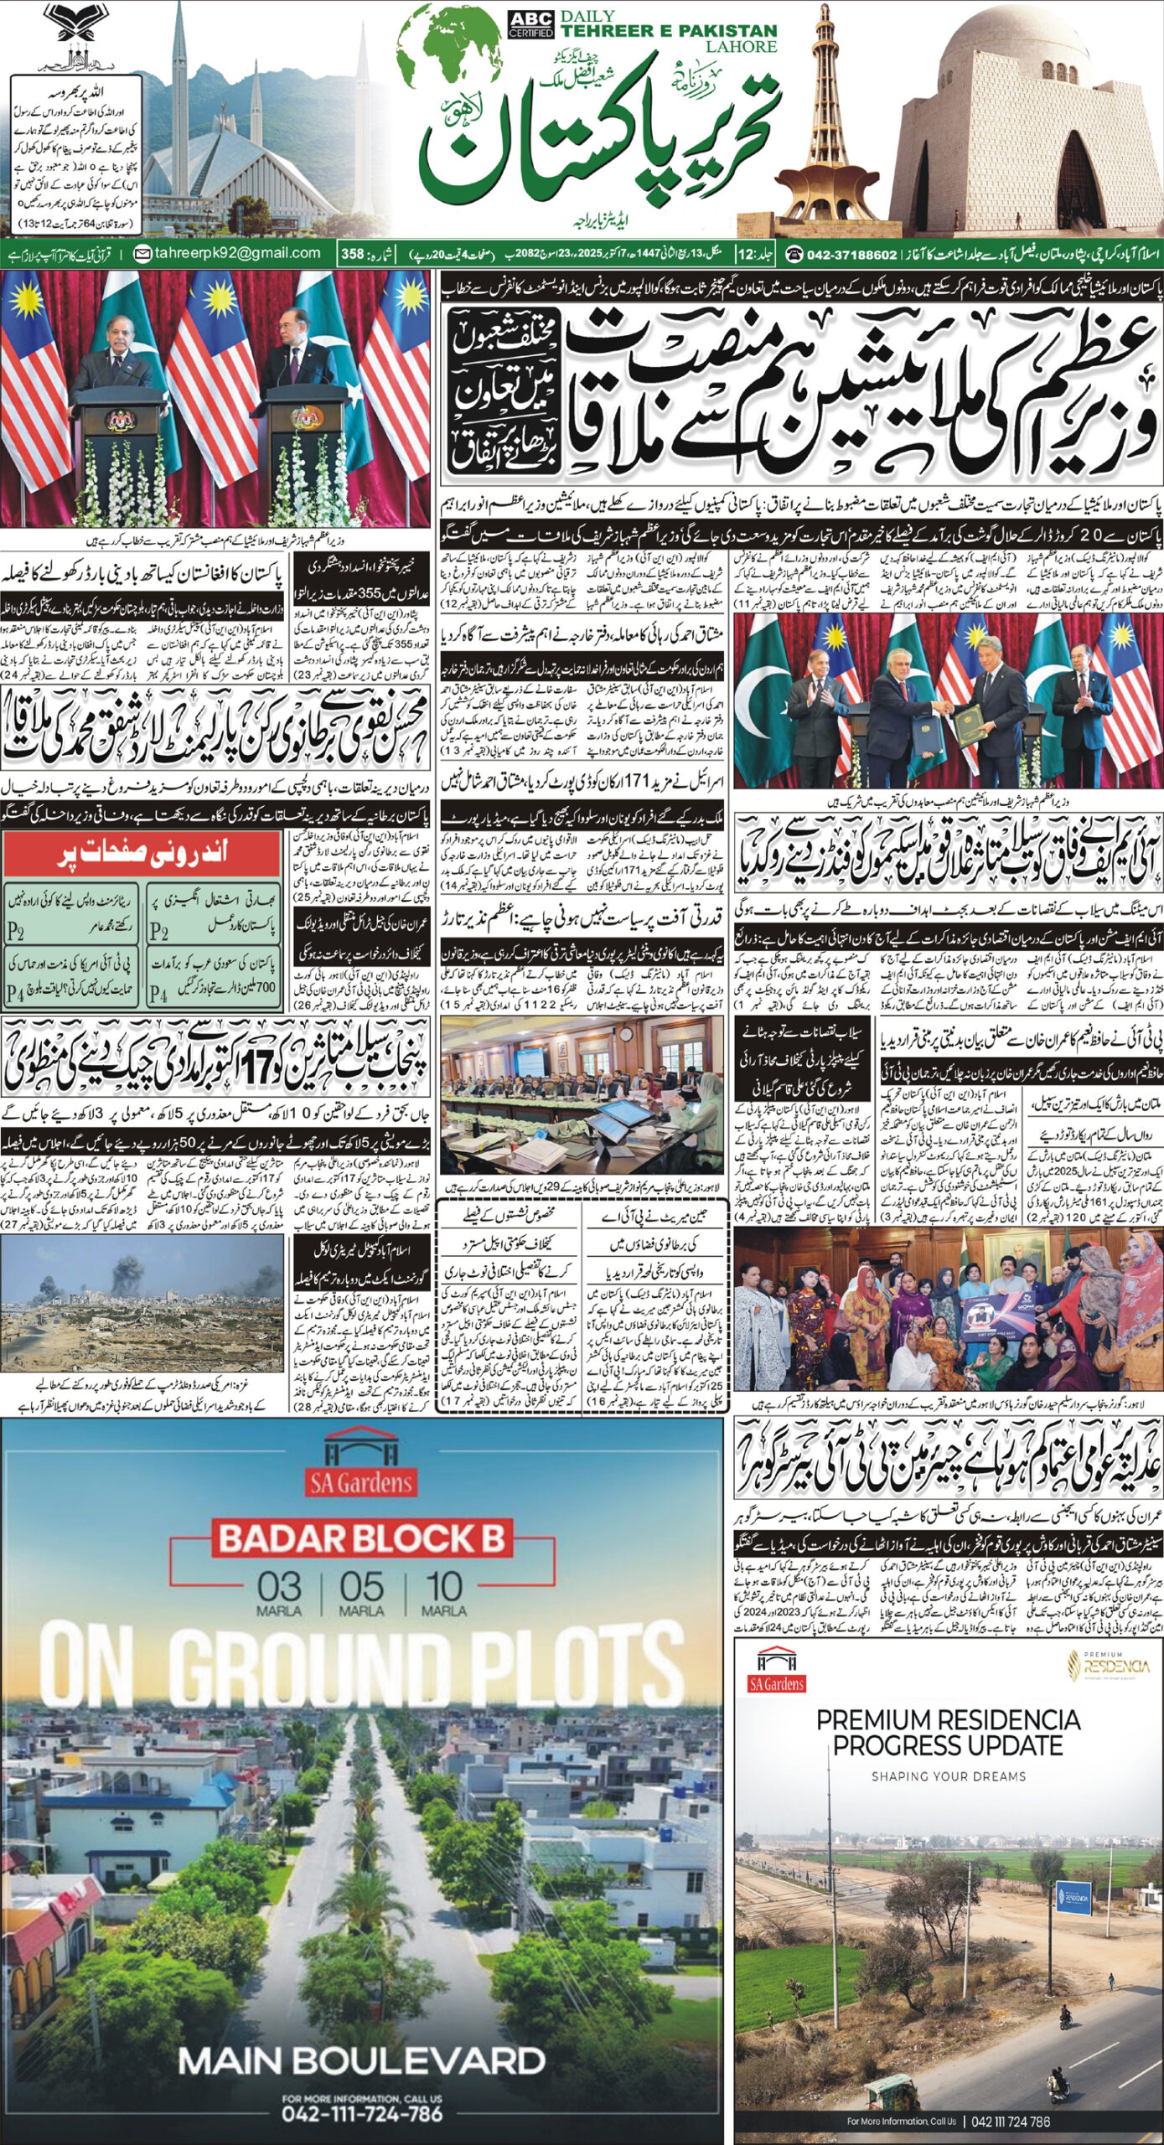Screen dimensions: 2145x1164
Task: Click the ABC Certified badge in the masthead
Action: click(530, 25)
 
